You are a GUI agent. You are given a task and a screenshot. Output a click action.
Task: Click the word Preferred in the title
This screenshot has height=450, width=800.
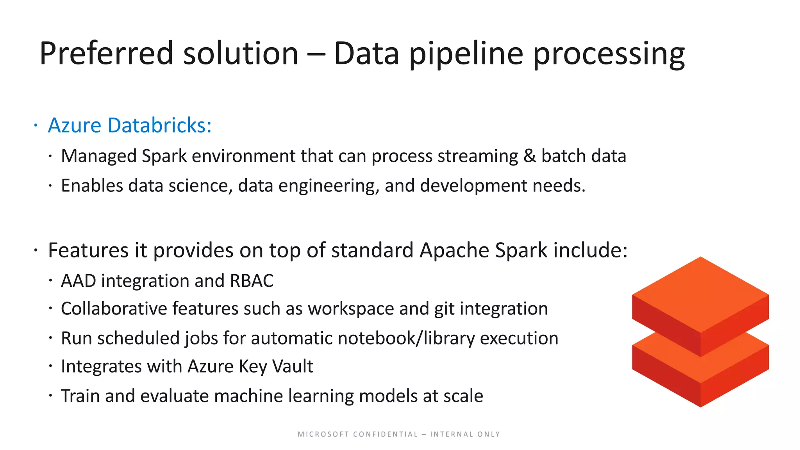106,54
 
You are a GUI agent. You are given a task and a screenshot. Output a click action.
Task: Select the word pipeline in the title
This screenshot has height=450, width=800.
466,54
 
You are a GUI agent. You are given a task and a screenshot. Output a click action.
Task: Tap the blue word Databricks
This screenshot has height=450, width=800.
159,125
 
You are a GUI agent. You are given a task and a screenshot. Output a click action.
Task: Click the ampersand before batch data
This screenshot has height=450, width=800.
529,156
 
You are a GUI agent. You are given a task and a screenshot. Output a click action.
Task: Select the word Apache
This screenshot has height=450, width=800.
454,250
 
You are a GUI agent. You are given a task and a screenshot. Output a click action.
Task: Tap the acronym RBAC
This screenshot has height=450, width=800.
252,281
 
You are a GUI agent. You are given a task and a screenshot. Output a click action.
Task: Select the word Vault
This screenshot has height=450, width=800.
292,366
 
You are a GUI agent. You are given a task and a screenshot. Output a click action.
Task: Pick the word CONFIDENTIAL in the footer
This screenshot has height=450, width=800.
385,434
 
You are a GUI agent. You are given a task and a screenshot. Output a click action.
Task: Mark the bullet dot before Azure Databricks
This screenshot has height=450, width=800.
36,125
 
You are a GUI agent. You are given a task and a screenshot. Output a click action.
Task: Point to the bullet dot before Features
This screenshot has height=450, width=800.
36,250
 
